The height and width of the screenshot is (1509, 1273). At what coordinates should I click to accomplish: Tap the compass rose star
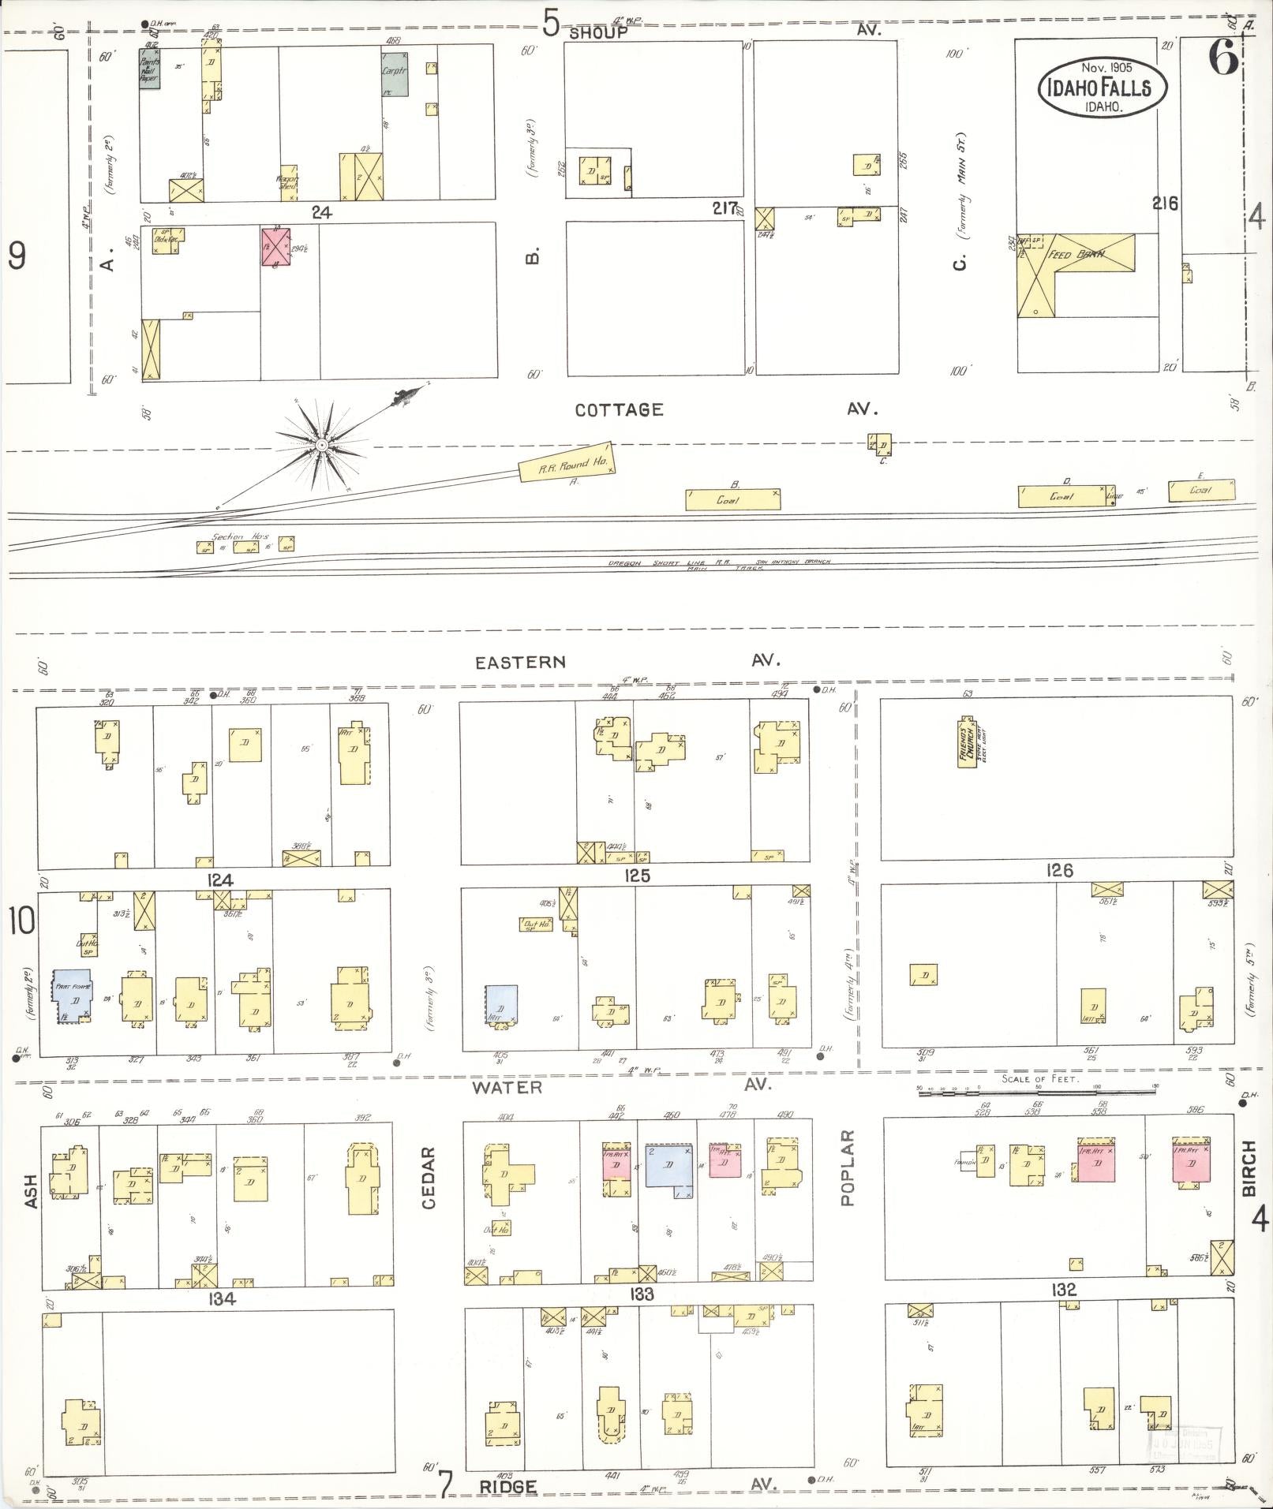coord(321,446)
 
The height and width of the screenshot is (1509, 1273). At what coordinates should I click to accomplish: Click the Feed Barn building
coord(1075,272)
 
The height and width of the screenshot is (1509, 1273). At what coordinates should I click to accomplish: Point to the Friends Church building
coord(968,742)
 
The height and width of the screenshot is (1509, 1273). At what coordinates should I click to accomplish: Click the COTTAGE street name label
coord(619,410)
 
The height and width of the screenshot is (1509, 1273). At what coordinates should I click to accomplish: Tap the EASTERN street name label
coord(520,663)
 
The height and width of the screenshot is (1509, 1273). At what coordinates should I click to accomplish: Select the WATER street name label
coord(507,1087)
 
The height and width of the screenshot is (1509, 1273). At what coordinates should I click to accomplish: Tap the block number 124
coord(219,880)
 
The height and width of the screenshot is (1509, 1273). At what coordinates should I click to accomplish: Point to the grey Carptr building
coord(395,75)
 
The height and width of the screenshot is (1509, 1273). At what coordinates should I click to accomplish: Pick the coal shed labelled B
coord(732,499)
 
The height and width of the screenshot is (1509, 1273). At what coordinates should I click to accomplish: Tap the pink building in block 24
coord(276,246)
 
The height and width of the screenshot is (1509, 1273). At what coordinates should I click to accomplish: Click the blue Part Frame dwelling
coord(72,996)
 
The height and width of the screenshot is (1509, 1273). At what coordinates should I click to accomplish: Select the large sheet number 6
coord(1222,59)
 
